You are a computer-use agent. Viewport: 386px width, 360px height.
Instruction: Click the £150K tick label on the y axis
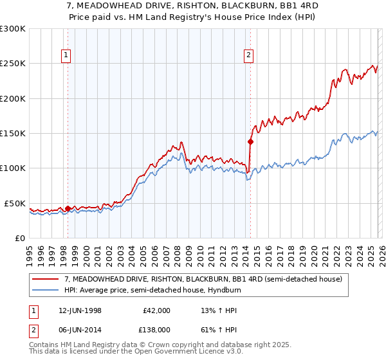(x=12, y=134)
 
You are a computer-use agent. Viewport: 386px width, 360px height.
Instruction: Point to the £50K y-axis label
(x=14, y=203)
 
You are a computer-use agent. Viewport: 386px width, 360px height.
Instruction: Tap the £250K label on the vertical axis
(x=12, y=64)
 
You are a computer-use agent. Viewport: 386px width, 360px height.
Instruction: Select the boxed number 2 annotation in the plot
(x=248, y=56)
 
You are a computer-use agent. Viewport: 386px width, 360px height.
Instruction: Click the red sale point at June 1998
(x=68, y=208)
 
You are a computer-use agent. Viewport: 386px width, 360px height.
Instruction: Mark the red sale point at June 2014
(x=250, y=141)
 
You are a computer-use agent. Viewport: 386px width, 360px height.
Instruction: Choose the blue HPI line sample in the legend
(x=46, y=290)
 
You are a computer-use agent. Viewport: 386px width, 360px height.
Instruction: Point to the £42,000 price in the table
(x=156, y=310)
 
